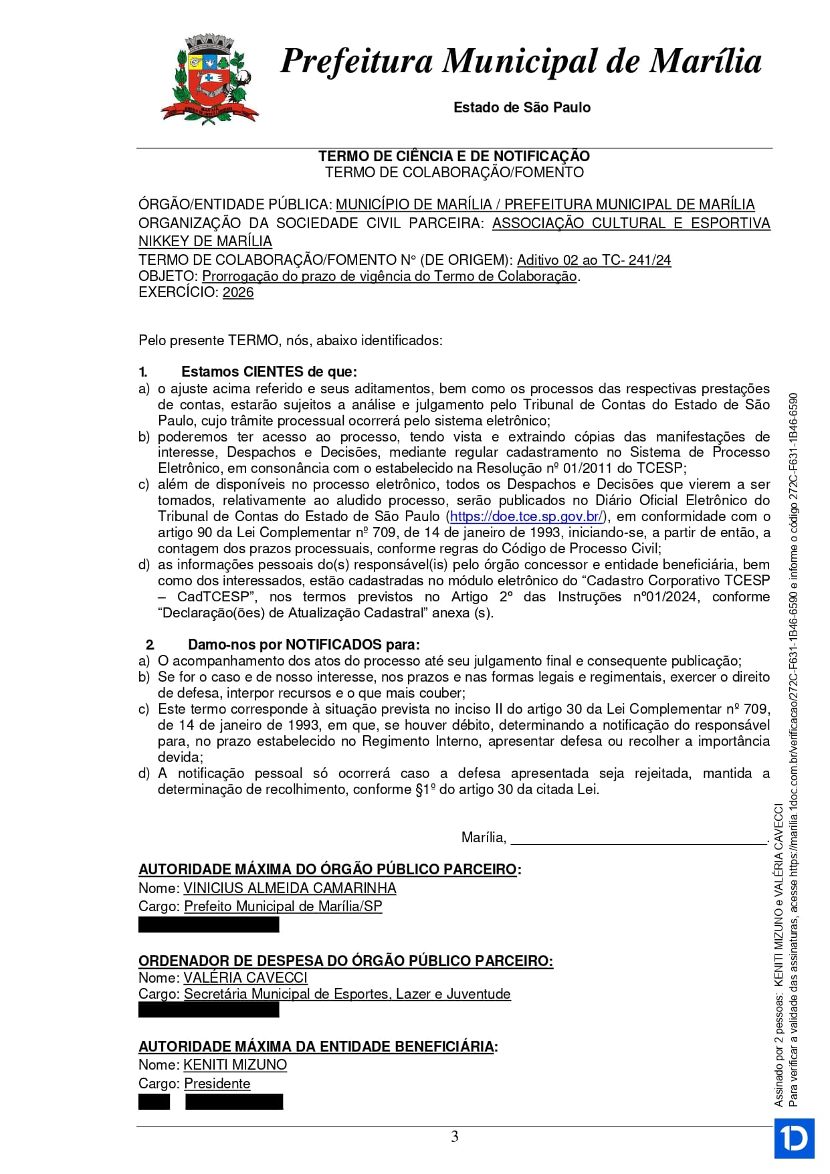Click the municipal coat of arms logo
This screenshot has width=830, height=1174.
point(209,80)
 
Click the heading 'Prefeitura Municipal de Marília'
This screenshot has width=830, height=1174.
point(520,61)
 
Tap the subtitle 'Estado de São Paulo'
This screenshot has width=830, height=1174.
point(522,108)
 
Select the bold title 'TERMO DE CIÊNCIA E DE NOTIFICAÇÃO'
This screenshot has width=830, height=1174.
point(454,157)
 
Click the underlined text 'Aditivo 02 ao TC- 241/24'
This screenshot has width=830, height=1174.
point(594,260)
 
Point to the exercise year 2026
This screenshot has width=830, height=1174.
point(238,292)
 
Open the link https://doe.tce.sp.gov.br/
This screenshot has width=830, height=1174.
point(527,516)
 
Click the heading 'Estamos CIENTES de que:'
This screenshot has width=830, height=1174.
point(269,372)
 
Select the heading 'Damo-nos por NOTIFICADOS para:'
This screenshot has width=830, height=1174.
point(304,645)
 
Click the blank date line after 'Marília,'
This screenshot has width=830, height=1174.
point(639,839)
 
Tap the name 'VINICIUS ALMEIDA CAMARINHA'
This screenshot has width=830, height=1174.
point(290,888)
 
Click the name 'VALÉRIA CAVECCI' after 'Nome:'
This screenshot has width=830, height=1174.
point(245,978)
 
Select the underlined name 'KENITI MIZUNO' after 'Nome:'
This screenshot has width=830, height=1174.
point(235,1065)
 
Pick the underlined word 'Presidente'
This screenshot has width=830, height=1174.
point(217,1084)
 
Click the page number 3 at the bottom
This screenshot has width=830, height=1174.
point(455,1137)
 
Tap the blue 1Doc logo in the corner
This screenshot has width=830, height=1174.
point(795,1138)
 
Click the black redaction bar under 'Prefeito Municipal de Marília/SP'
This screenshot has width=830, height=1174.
point(209,925)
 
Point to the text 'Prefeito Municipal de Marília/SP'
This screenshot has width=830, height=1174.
point(283,906)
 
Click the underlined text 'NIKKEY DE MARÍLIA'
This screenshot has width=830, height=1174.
point(205,241)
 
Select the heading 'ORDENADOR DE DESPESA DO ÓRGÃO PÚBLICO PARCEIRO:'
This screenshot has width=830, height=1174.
point(346,961)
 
